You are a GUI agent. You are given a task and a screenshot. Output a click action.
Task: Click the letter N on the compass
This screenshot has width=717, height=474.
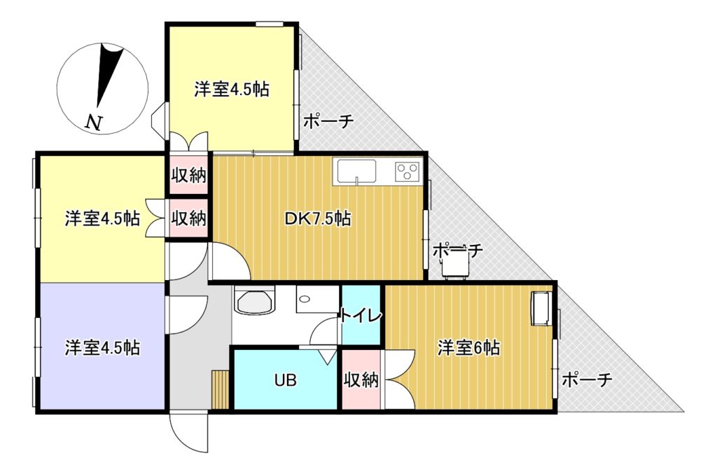click(94, 122)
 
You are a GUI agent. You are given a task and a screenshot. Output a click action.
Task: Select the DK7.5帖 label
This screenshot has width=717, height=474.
click(318, 218)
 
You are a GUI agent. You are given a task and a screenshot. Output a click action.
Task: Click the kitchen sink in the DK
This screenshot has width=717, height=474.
click(356, 172)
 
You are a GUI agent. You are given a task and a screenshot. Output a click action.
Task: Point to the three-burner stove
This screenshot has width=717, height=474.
click(407, 172)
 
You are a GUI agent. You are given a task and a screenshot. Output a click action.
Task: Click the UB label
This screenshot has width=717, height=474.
click(286, 379)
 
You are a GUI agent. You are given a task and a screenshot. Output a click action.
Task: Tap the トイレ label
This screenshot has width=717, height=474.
click(361, 315)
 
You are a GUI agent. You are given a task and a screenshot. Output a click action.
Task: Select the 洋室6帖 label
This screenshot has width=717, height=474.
click(468, 348)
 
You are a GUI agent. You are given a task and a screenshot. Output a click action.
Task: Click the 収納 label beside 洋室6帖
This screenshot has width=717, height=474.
click(361, 379)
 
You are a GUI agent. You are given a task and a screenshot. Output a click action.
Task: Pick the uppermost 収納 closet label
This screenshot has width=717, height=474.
click(188, 175)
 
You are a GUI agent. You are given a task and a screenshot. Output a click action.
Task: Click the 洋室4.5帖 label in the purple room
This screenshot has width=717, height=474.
click(102, 348)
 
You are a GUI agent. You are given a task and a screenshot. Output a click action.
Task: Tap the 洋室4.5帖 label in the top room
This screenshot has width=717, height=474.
click(231, 89)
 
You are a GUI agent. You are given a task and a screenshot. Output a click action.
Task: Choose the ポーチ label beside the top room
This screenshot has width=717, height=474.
click(328, 122)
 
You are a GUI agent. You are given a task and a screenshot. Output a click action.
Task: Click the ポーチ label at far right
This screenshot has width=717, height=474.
click(587, 379)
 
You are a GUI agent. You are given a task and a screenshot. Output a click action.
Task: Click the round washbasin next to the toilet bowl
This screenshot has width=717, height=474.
click(305, 299)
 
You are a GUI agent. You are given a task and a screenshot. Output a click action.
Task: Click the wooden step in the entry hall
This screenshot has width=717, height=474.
click(221, 389)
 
